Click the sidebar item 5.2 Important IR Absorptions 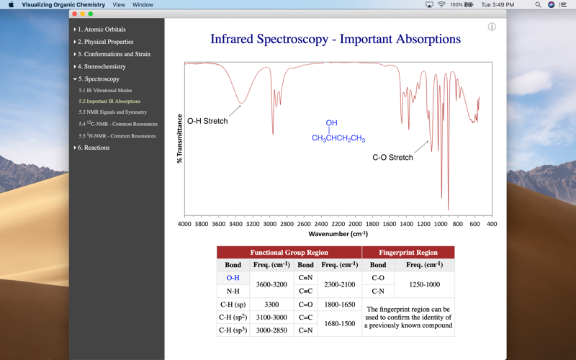[x=109, y=102]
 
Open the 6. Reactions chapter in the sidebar [x=94, y=148]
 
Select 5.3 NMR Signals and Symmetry [x=112, y=112]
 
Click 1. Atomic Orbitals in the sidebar [x=102, y=30]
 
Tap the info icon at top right [x=492, y=27]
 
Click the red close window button [x=74, y=14]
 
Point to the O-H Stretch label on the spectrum [x=207, y=121]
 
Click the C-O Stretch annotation [x=392, y=157]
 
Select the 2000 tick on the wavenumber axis [x=356, y=224]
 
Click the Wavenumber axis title [x=338, y=234]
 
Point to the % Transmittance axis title [x=179, y=139]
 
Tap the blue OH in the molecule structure [x=331, y=123]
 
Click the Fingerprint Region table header [x=408, y=253]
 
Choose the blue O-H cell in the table [x=233, y=278]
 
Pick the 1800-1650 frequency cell [x=339, y=305]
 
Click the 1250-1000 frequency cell [x=424, y=284]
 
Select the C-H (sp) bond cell [x=233, y=305]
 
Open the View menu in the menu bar [x=119, y=5]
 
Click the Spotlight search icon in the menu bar [x=538, y=5]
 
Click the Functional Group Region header [x=289, y=253]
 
